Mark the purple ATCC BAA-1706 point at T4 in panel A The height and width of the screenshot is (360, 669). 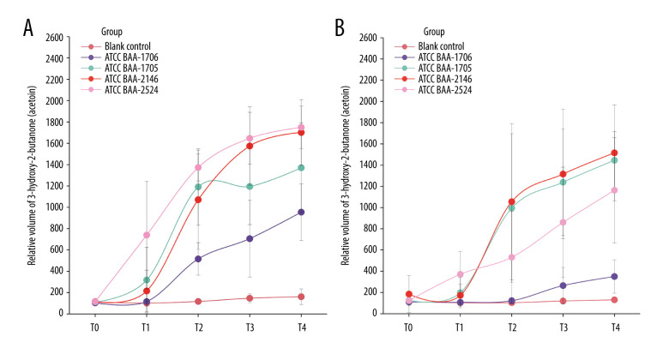click(x=301, y=212)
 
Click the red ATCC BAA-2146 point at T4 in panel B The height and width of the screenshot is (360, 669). click(x=614, y=153)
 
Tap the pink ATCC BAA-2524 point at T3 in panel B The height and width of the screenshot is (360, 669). click(x=563, y=222)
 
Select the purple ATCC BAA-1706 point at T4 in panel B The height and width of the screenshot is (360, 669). click(x=614, y=276)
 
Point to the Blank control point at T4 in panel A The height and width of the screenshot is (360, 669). click(x=301, y=297)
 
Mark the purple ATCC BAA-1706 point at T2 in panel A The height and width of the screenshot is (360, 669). click(x=198, y=258)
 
